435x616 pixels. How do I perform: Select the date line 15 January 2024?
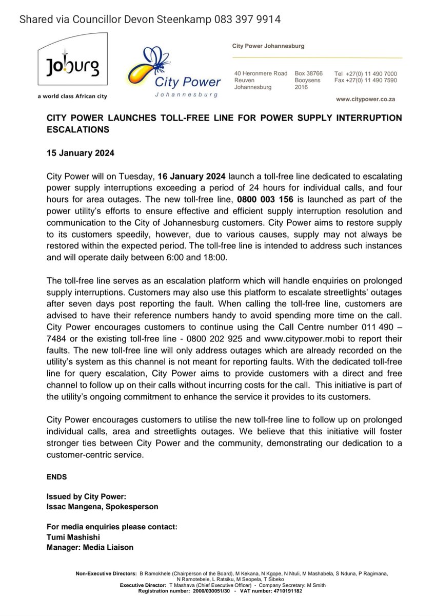pyautogui.click(x=81, y=153)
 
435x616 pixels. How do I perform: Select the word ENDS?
pyautogui.click(x=56, y=476)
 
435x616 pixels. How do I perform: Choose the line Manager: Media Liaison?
pyautogui.click(x=90, y=547)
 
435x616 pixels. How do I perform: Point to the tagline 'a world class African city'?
pyautogui.click(x=72, y=96)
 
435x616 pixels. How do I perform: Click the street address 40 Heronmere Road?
pyautogui.click(x=261, y=74)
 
